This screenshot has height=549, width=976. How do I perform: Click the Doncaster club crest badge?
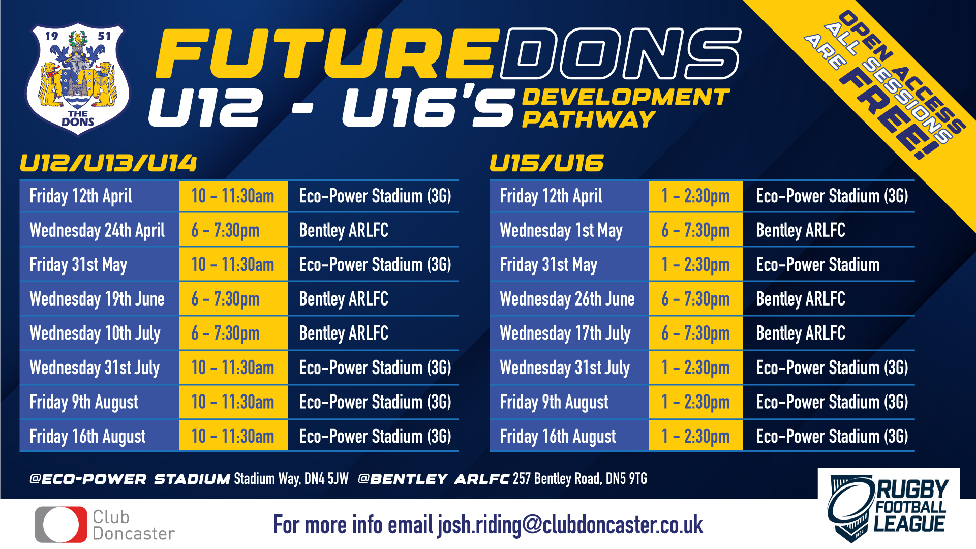click(x=78, y=79)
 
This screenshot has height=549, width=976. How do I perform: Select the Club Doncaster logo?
click(x=105, y=525)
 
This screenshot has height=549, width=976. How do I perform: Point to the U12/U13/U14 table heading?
click(x=108, y=163)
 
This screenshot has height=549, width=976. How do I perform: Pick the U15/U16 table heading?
click(x=546, y=163)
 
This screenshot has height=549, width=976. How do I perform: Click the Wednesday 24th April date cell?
click(x=98, y=230)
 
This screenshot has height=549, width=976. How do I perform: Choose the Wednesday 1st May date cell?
click(x=561, y=230)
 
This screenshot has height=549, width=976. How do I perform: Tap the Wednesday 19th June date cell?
click(x=98, y=299)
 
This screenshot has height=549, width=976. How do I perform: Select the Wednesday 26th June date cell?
click(x=567, y=299)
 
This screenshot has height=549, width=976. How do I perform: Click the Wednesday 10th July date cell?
click(x=95, y=333)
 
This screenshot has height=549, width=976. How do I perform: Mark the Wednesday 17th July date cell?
click(x=565, y=333)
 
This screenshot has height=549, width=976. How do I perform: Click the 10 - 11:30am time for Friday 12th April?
click(x=233, y=196)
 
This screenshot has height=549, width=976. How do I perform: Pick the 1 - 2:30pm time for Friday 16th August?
click(x=695, y=436)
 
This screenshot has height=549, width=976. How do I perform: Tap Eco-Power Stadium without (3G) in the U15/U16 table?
click(x=817, y=265)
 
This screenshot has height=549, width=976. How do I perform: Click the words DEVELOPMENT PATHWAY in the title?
click(x=625, y=108)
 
